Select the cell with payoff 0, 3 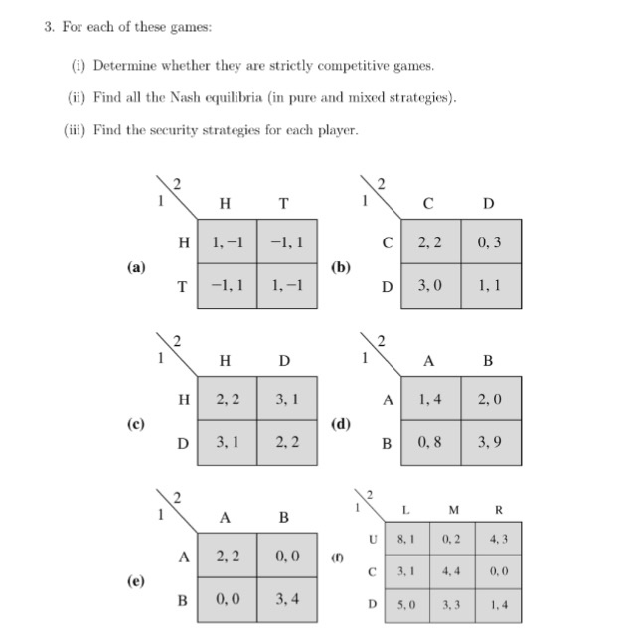click(488, 241)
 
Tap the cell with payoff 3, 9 click(488, 442)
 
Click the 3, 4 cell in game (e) click(285, 599)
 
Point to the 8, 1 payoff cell click(405, 540)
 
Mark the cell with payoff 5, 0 click(405, 603)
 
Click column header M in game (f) click(453, 510)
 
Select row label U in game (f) click(373, 540)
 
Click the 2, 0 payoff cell click(488, 399)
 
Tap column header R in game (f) click(498, 510)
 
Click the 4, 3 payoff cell click(498, 540)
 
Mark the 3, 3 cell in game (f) click(452, 603)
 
